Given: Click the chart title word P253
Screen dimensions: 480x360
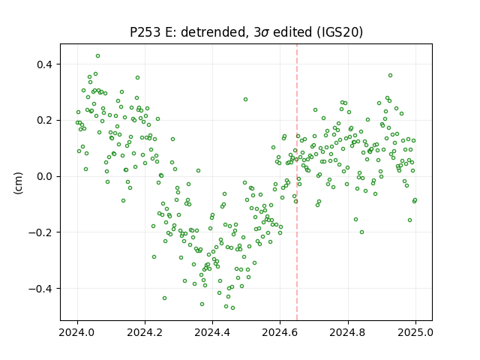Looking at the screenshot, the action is (x=145, y=31).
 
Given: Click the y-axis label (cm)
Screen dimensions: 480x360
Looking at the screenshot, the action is (x=18, y=183).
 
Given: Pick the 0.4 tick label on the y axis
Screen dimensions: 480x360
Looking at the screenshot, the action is (x=44, y=64).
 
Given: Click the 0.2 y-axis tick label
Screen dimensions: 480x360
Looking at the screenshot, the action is (x=44, y=121).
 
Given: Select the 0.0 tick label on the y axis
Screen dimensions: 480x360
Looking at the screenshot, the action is (x=44, y=177).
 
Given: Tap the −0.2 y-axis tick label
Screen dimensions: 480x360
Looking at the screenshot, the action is (x=40, y=232).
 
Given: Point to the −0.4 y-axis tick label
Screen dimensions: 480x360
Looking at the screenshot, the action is (x=40, y=289).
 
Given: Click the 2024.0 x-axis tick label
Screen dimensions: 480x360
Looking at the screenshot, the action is (x=77, y=332).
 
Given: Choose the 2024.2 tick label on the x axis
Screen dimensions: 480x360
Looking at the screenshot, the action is (x=145, y=332).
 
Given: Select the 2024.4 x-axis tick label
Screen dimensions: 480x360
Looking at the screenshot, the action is (x=212, y=332).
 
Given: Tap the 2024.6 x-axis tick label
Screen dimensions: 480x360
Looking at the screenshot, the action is (x=280, y=332).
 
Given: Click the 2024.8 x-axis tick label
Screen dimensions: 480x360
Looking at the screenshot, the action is (x=348, y=332).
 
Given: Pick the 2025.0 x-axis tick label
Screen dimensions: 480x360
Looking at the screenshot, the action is (x=415, y=332).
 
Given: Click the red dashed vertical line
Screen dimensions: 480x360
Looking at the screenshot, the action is (x=297, y=182).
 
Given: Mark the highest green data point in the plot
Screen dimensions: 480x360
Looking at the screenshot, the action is (x=97, y=56).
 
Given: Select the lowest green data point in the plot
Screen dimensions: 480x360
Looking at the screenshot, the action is (x=232, y=307).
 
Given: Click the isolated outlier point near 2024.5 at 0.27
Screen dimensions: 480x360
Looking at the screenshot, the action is (x=245, y=100).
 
